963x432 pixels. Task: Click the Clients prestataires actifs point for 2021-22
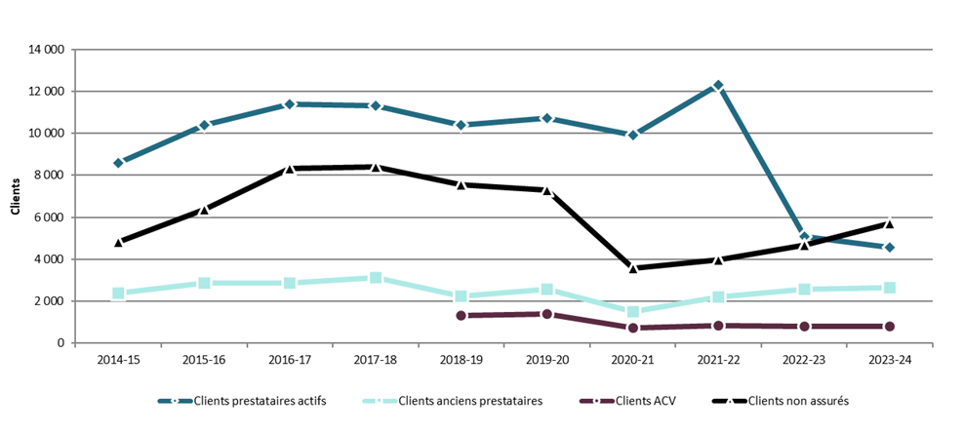click(x=718, y=86)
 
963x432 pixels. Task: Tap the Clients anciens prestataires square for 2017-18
click(x=376, y=278)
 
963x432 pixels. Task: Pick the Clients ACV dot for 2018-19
click(x=461, y=315)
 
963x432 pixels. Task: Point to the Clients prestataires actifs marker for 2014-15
click(x=118, y=163)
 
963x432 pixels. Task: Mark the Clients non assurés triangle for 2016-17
click(x=290, y=169)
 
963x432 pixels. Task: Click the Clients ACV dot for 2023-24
click(x=889, y=327)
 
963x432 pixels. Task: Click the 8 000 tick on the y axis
click(x=49, y=176)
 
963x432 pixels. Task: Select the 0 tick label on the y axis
click(x=60, y=343)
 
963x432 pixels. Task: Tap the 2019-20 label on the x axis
click(x=546, y=361)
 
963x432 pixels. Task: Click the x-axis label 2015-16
click(x=204, y=361)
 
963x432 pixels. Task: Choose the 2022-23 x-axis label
click(x=803, y=361)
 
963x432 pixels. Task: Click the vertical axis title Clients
click(x=15, y=196)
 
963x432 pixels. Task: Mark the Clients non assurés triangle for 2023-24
click(x=889, y=222)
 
